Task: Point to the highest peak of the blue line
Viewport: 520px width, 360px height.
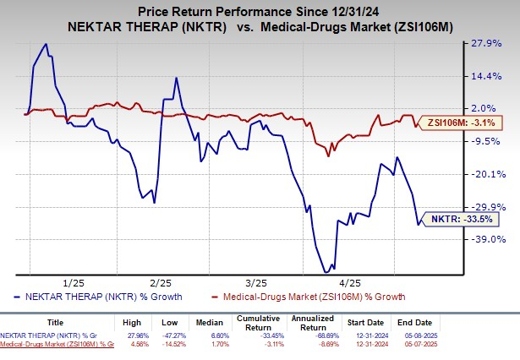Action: pos(46,44)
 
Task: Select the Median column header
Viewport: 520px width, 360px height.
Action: pos(214,322)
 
